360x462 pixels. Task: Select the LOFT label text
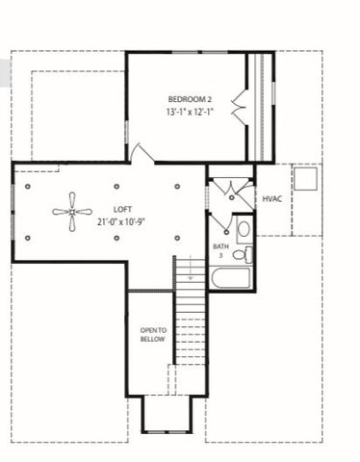point(123,208)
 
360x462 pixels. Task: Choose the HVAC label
point(272,198)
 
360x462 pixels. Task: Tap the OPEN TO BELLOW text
point(153,334)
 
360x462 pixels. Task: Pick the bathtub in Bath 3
point(231,279)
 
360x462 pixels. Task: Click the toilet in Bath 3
point(247,254)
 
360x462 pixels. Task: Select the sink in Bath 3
point(244,230)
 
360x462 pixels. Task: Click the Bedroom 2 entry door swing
point(141,152)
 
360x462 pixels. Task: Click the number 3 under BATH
point(220,255)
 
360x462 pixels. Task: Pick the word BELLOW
point(153,339)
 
